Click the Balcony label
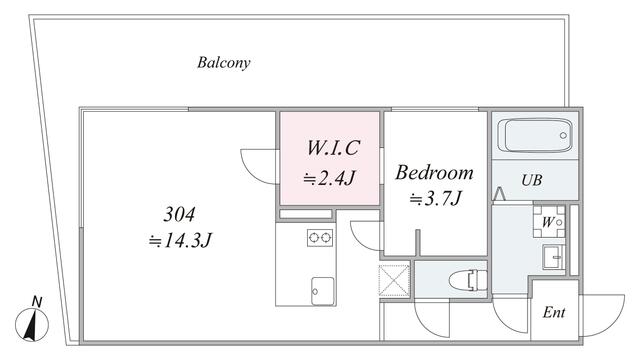coord(223,62)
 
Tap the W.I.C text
coord(331,149)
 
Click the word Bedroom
coord(435,172)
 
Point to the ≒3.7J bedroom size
coord(435,199)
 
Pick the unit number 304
coord(180,214)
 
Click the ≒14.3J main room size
coord(181,240)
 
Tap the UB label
coord(531,181)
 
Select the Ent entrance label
coord(553,312)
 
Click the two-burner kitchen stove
coord(320,238)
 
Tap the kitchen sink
coord(320,286)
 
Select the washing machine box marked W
coord(552,221)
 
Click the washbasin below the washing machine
coord(553,257)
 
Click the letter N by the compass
coord(37,301)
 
